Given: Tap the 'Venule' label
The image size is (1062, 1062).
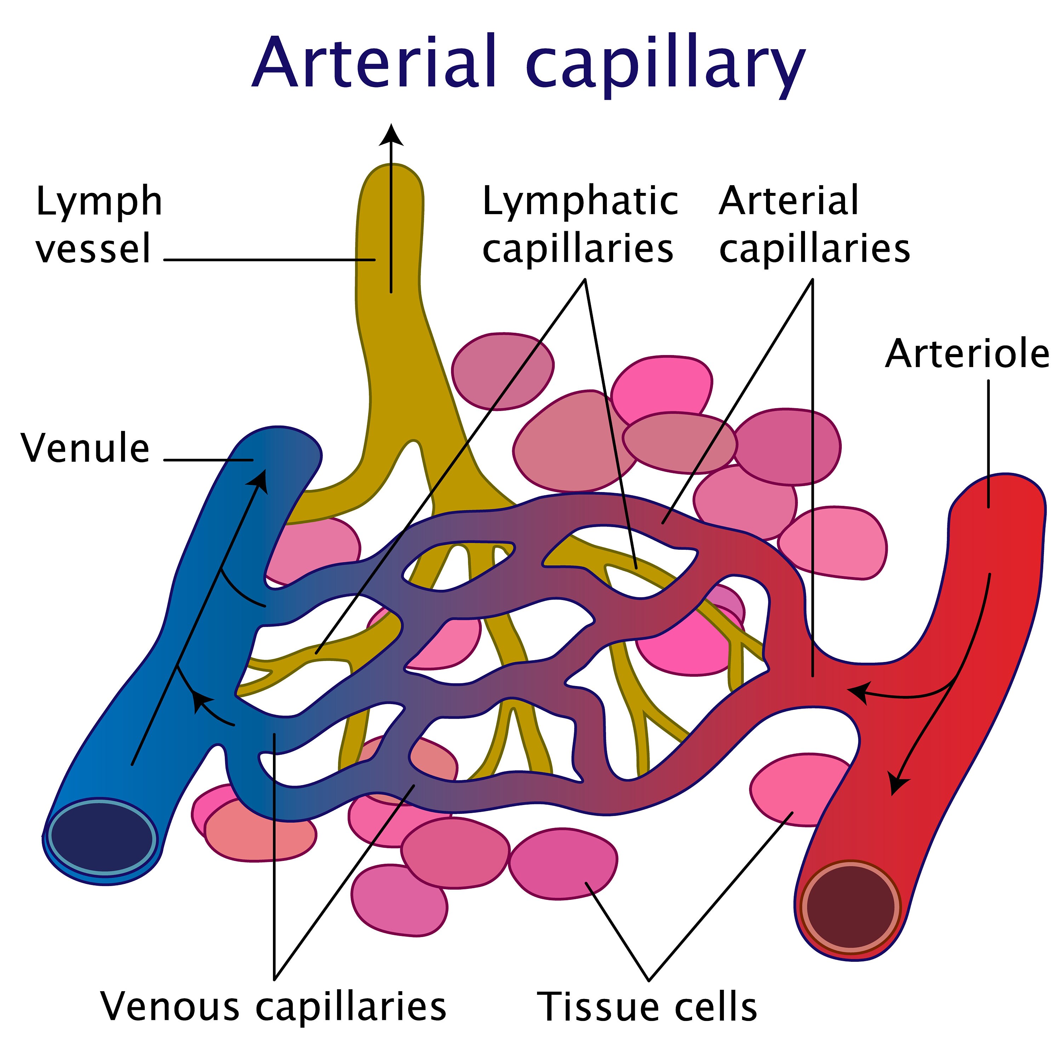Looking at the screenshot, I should (85, 449).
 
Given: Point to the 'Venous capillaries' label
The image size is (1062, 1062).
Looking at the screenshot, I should (273, 1006).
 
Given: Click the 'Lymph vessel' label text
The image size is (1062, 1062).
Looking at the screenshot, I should (99, 225).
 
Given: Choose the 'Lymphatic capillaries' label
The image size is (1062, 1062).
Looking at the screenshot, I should (579, 225).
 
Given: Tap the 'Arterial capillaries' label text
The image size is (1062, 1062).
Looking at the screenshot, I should (813, 225).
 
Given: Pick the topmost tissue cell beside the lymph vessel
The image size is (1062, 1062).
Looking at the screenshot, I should (502, 371).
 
